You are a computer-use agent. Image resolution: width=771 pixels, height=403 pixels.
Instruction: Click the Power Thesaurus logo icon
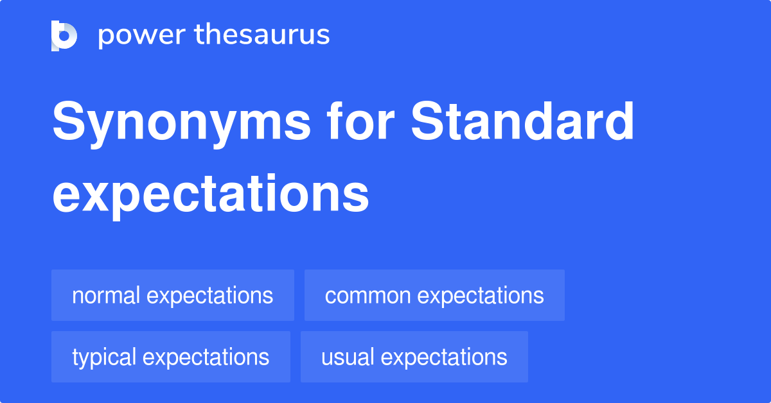(64, 36)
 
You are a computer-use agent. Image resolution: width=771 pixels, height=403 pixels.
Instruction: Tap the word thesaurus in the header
(262, 35)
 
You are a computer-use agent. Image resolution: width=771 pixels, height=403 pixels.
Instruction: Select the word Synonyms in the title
(181, 124)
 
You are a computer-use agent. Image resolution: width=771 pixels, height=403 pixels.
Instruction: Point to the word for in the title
(360, 121)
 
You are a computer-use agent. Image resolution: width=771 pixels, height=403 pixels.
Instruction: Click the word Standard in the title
(522, 121)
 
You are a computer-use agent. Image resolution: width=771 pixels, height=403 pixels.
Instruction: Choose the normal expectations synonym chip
(173, 295)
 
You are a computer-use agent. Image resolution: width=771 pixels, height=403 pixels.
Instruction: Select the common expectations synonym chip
(434, 295)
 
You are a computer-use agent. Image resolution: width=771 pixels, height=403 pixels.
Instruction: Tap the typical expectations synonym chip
(171, 357)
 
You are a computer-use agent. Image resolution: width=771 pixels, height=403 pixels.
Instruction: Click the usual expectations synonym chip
(414, 357)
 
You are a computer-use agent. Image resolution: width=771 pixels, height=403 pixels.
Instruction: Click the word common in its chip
(368, 296)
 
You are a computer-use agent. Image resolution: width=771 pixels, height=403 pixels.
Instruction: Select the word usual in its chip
(348, 357)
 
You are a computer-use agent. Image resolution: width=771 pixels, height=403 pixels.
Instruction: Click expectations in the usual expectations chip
(444, 358)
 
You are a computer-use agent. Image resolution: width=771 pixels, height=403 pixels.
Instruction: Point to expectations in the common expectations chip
(481, 296)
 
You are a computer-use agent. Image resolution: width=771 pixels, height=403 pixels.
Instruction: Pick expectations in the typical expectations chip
(206, 358)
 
